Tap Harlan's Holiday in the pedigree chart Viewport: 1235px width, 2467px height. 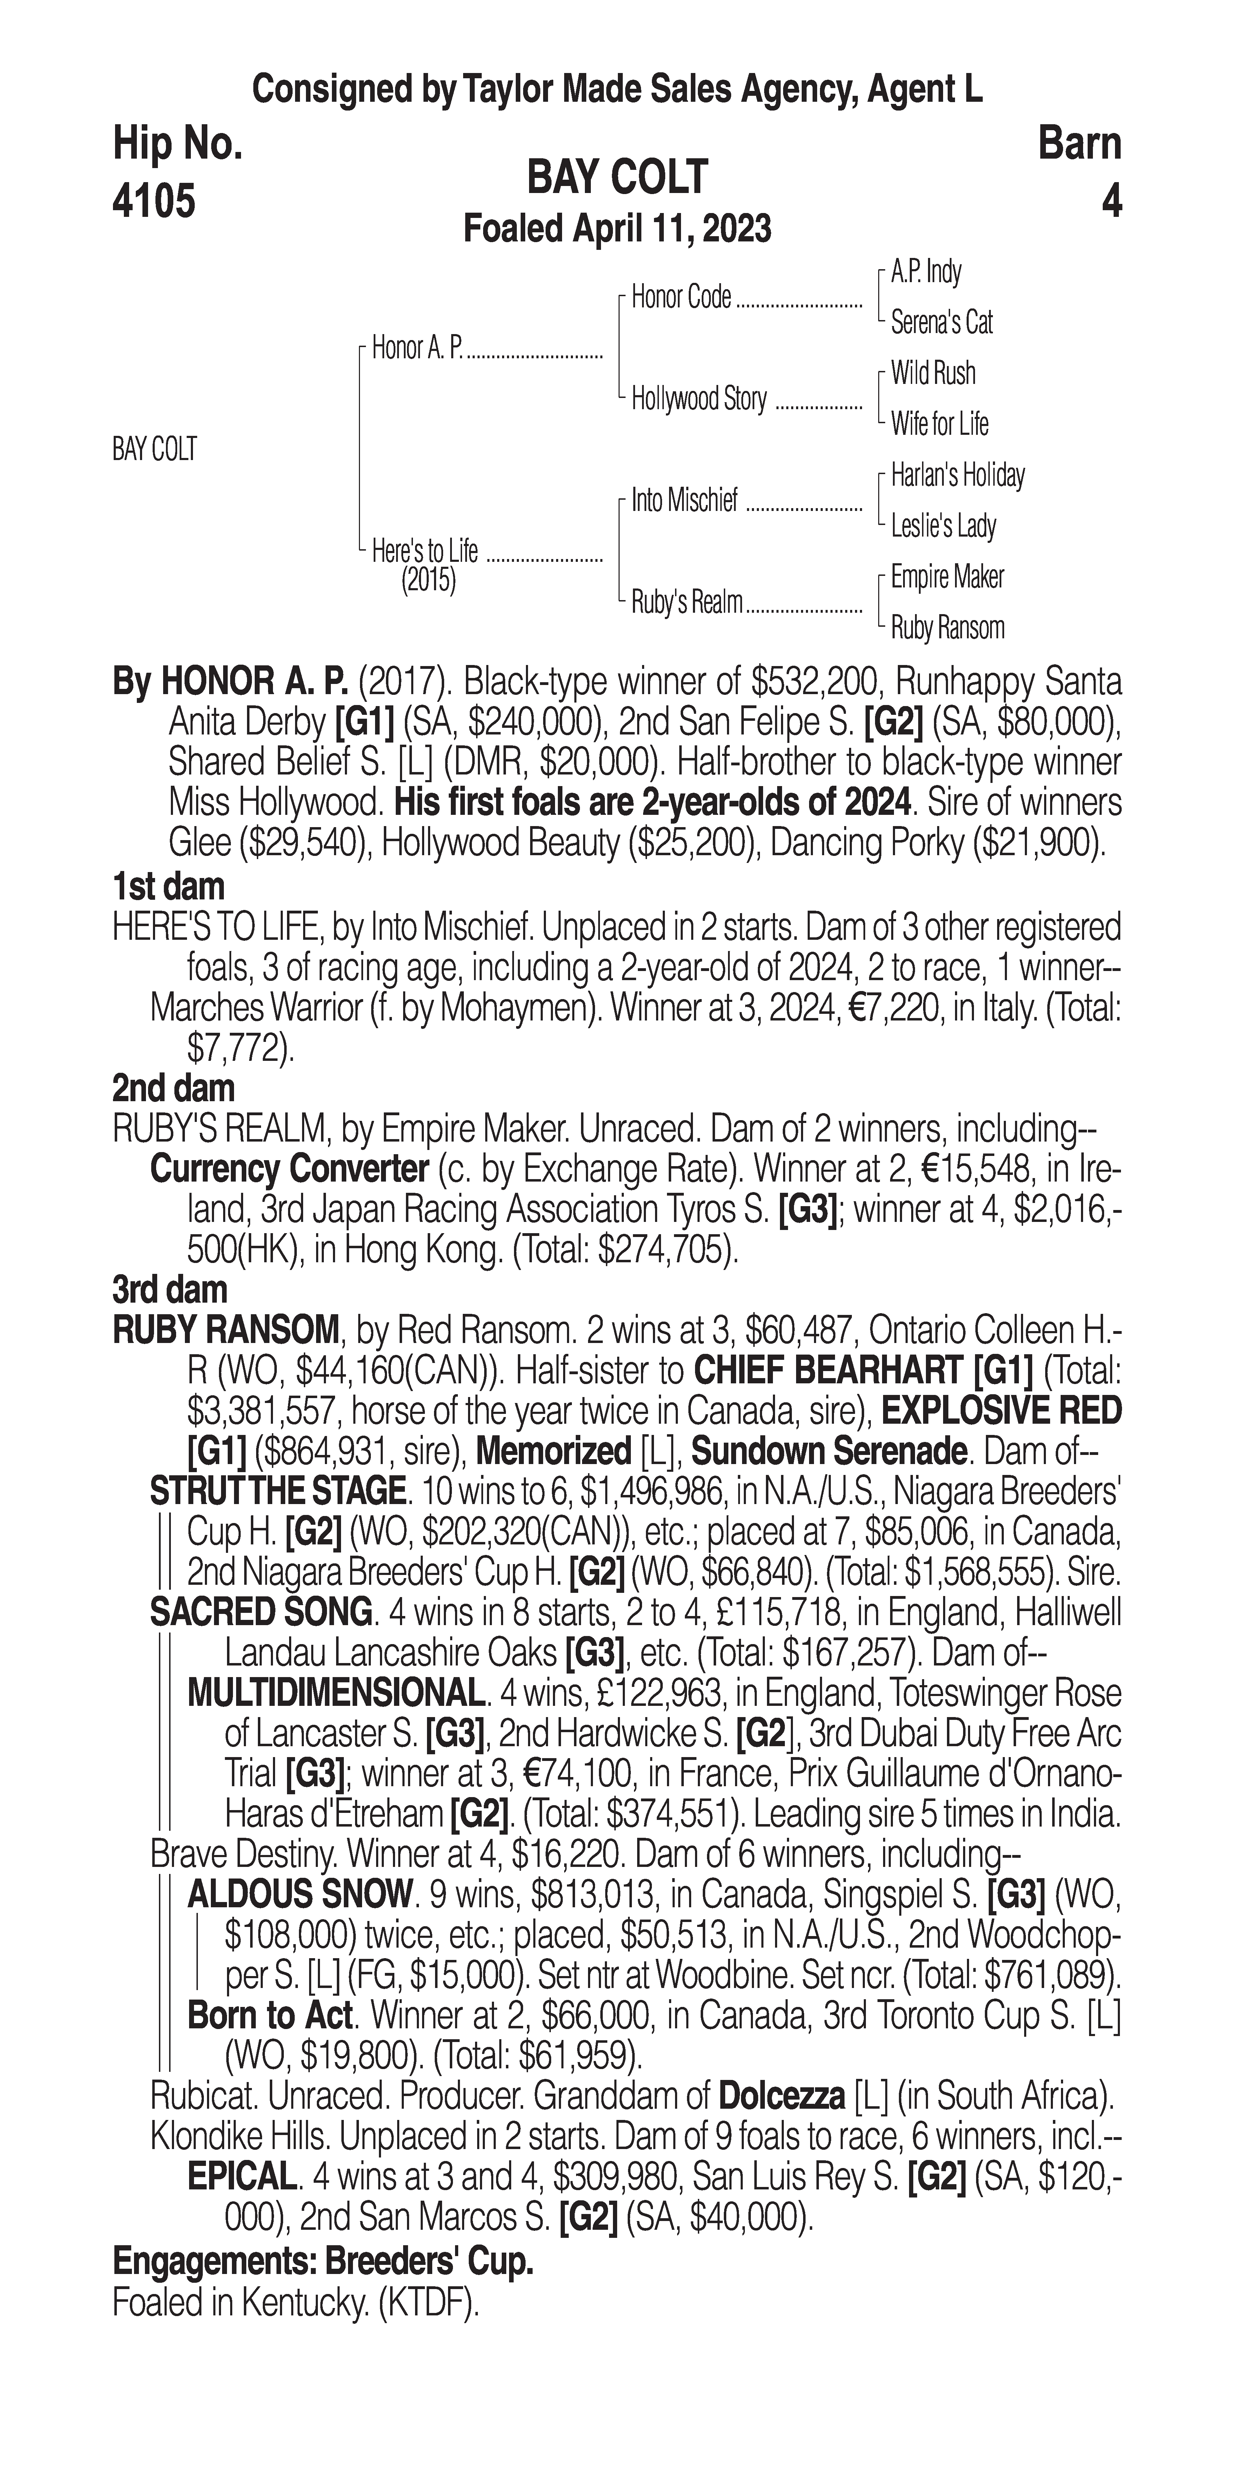coord(957,475)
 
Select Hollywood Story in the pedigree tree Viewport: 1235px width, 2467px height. coord(699,399)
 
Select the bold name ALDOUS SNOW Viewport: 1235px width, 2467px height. coord(300,1894)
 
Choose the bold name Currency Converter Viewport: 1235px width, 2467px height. coord(289,1169)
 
